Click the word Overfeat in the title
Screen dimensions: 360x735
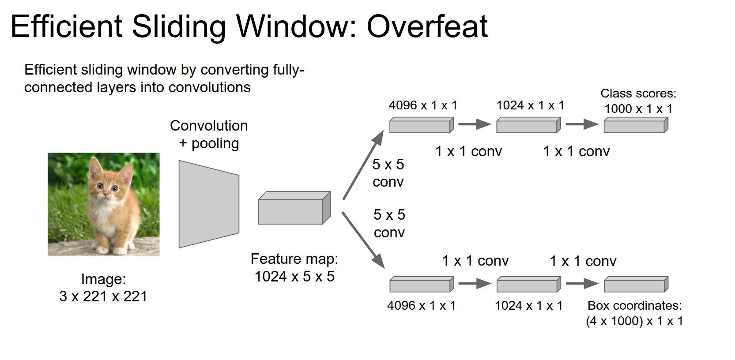pyautogui.click(x=427, y=26)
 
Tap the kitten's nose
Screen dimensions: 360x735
pyautogui.click(x=106, y=194)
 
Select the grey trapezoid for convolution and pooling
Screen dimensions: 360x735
pyautogui.click(x=209, y=204)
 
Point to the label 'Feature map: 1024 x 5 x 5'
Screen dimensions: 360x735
pyautogui.click(x=294, y=267)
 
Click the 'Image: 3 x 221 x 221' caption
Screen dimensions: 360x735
pyautogui.click(x=103, y=288)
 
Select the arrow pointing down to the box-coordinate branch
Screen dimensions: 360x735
pyautogui.click(x=363, y=240)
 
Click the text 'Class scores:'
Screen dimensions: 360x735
pyautogui.click(x=638, y=94)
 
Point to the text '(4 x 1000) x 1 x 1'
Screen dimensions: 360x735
pyautogui.click(x=634, y=321)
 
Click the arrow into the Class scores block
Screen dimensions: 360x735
pyautogui.click(x=581, y=124)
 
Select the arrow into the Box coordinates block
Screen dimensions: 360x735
pyautogui.click(x=581, y=284)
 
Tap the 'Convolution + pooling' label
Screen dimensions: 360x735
pyautogui.click(x=209, y=135)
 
